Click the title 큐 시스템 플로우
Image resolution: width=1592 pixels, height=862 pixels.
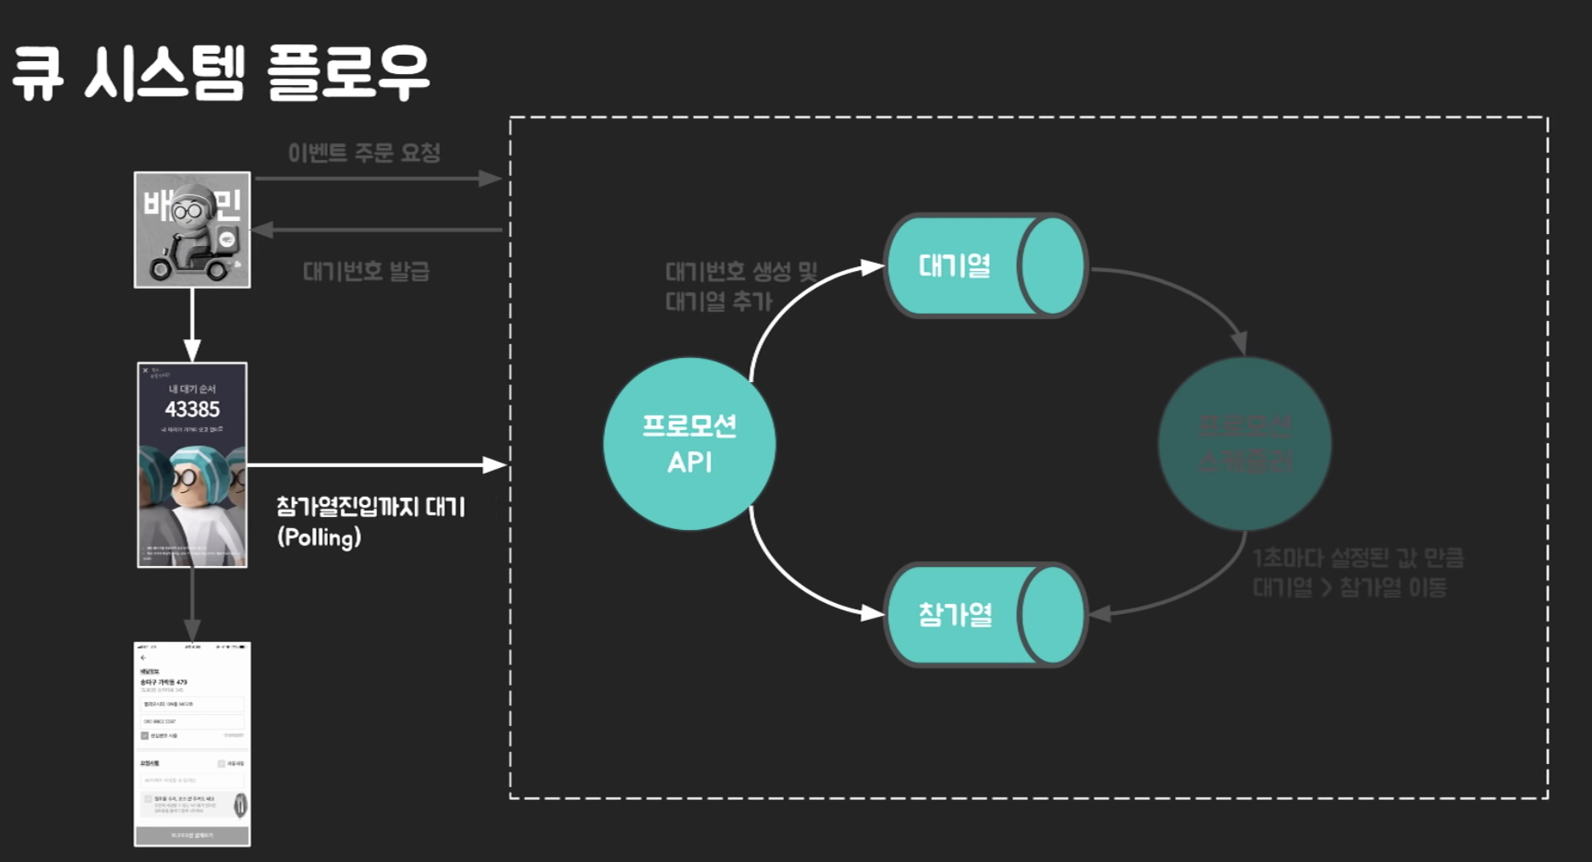pyautogui.click(x=221, y=72)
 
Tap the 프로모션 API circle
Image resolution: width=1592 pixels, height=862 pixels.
pyautogui.click(x=689, y=444)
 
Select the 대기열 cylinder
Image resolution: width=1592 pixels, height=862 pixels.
pyautogui.click(x=985, y=265)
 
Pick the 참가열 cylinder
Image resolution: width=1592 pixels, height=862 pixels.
pyautogui.click(x=985, y=614)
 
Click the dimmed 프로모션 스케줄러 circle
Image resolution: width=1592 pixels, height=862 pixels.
pyautogui.click(x=1245, y=444)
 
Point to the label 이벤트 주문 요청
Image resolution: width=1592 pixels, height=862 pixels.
pyautogui.click(x=364, y=152)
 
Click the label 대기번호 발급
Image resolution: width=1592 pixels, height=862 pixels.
pyautogui.click(x=366, y=271)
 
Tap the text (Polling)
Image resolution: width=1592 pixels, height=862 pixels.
pyautogui.click(x=319, y=537)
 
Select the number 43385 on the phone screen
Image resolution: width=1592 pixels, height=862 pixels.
pyautogui.click(x=192, y=409)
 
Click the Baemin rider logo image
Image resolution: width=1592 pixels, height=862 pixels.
pyautogui.click(x=192, y=230)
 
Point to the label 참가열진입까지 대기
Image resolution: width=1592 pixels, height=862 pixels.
pyautogui.click(x=371, y=507)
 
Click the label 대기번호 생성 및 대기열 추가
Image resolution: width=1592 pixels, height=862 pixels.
pyautogui.click(x=740, y=286)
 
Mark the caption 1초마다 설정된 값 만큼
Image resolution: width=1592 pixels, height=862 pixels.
pyautogui.click(x=1358, y=558)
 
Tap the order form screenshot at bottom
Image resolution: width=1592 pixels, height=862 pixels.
pyautogui.click(x=192, y=744)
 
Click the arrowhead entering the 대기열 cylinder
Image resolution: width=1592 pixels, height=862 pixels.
pyautogui.click(x=873, y=266)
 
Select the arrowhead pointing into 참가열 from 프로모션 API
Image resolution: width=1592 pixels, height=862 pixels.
pyautogui.click(x=873, y=614)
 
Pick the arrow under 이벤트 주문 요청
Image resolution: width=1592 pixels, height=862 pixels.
pyautogui.click(x=378, y=179)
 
